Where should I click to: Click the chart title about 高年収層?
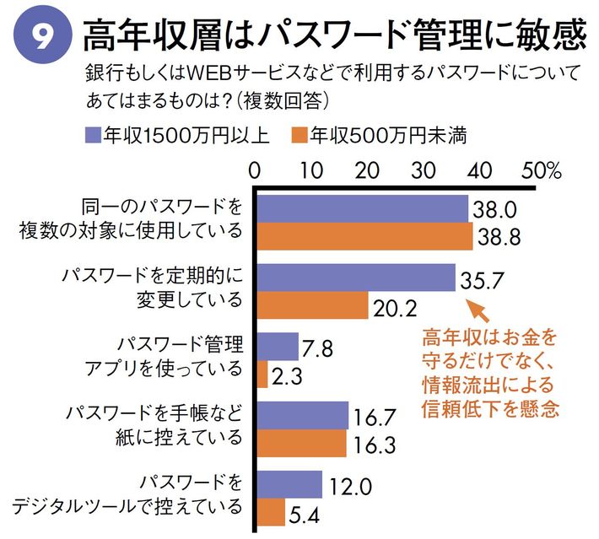[x=333, y=35]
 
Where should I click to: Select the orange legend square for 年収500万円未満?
[x=296, y=135]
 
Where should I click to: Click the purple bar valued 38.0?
[x=361, y=209]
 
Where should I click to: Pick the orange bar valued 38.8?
[x=364, y=237]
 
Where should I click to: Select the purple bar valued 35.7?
[x=355, y=278]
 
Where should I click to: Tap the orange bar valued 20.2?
[x=311, y=305]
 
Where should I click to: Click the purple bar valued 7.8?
[x=277, y=346]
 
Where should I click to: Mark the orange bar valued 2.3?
[x=262, y=374]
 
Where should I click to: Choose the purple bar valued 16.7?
[x=301, y=414]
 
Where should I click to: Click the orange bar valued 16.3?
[x=300, y=442]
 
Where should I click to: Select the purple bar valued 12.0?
[x=289, y=483]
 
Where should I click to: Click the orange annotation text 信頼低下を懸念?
[x=491, y=408]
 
